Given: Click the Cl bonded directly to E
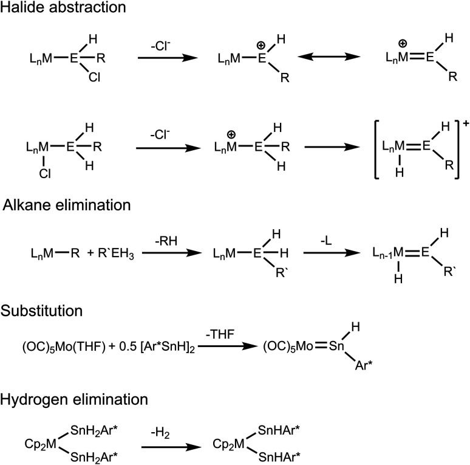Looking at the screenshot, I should pyautogui.click(x=90, y=78).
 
